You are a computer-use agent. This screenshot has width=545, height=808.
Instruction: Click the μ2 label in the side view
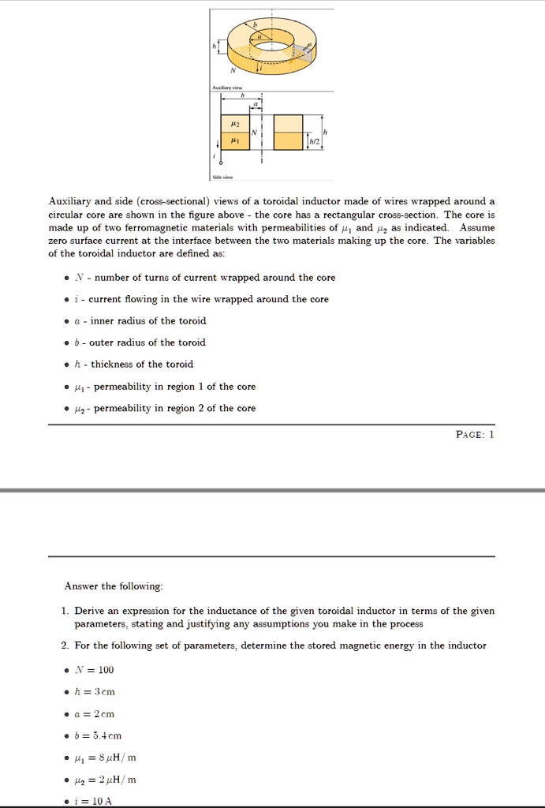tap(233, 123)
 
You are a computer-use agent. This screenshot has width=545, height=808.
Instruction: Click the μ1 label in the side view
tap(233, 140)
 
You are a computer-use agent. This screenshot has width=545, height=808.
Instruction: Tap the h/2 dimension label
tap(314, 141)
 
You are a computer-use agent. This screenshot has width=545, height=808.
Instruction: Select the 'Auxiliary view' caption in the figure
tap(227, 87)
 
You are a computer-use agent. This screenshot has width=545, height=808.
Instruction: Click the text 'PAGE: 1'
tap(475, 434)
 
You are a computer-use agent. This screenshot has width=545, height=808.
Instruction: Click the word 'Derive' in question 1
tap(90, 611)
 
